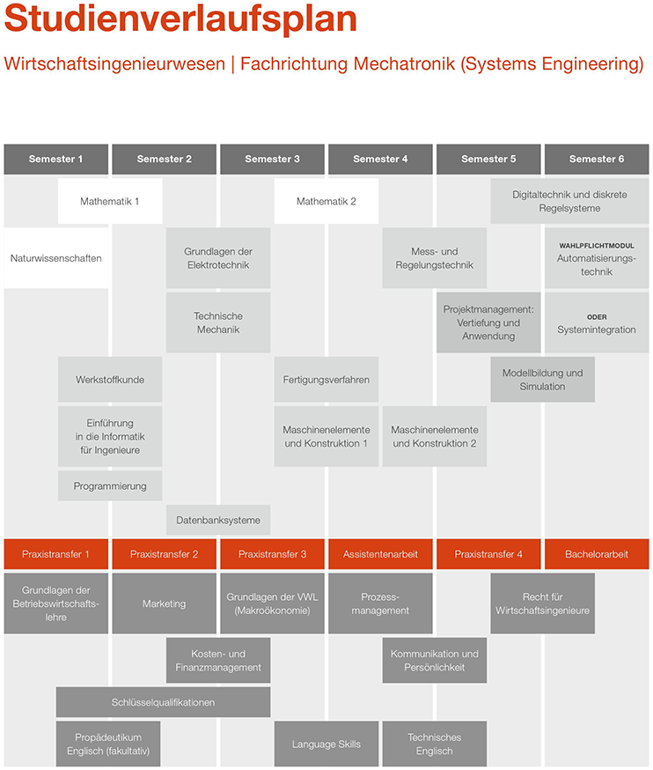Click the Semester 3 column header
(x=273, y=159)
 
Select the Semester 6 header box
(x=597, y=159)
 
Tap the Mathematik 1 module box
(x=110, y=202)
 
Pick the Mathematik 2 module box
(x=326, y=202)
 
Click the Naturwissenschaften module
(x=56, y=258)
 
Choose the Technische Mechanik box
(x=218, y=322)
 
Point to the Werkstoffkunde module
(x=110, y=380)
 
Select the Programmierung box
(x=110, y=485)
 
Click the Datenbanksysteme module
(x=218, y=520)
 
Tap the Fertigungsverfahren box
(x=326, y=380)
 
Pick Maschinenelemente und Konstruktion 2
(x=435, y=436)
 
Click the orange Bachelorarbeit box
(x=597, y=554)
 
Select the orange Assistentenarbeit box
(x=381, y=554)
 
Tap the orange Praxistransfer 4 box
(x=488, y=554)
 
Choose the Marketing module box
(x=165, y=603)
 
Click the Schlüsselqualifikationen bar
(x=164, y=702)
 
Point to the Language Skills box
(x=326, y=744)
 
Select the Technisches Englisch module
(x=435, y=744)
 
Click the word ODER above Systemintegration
(x=597, y=317)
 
